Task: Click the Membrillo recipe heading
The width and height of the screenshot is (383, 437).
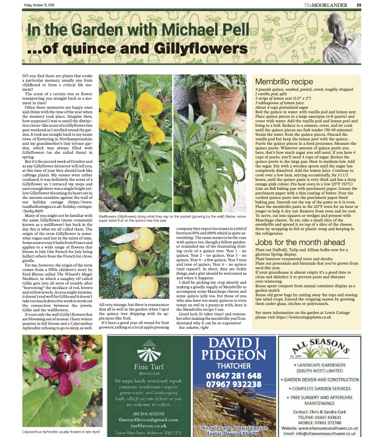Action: (x=285, y=82)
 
